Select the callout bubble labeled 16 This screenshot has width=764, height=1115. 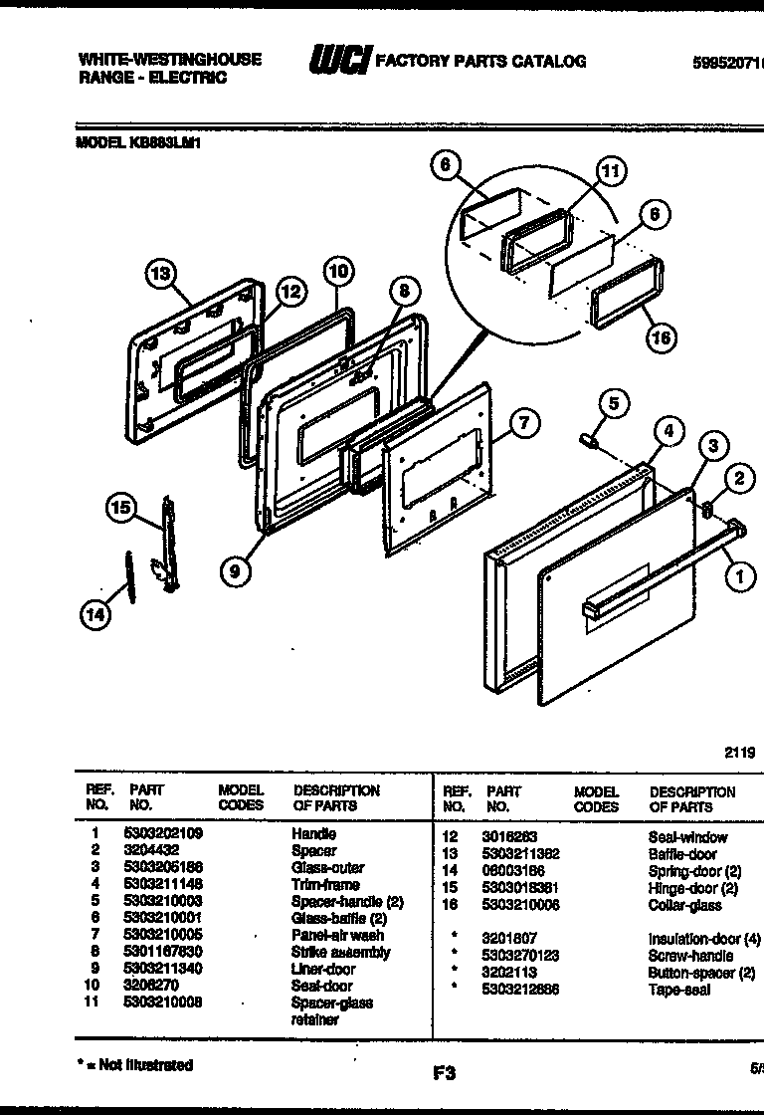click(x=660, y=336)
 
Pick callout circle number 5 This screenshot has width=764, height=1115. click(x=614, y=403)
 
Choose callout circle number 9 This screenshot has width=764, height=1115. click(x=235, y=570)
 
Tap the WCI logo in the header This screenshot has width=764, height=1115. click(x=339, y=62)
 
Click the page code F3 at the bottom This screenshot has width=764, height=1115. click(x=444, y=1073)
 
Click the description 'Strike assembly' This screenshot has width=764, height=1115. click(x=340, y=952)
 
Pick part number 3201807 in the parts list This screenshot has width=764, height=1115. click(x=509, y=939)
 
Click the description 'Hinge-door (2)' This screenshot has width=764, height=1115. click(x=693, y=888)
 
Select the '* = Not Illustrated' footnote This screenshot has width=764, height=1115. click(x=135, y=1065)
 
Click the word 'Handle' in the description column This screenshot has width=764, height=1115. click(x=313, y=833)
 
